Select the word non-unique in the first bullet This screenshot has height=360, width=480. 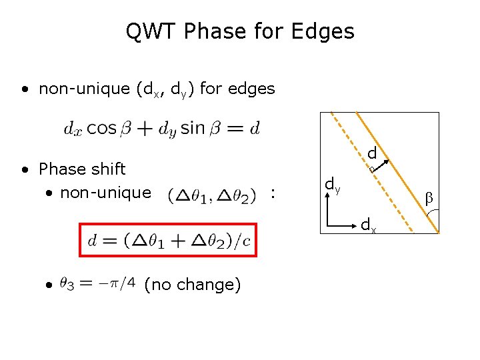(x=84, y=89)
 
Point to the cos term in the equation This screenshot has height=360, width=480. (x=101, y=128)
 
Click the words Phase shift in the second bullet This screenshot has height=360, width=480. (x=82, y=169)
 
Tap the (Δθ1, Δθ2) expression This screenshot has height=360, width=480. (x=213, y=195)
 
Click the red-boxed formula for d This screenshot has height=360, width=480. (x=168, y=241)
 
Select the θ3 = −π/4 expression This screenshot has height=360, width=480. (x=96, y=285)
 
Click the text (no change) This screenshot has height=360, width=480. (x=192, y=285)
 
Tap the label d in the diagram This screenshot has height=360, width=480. (x=372, y=154)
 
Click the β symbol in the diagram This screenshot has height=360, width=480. (x=429, y=198)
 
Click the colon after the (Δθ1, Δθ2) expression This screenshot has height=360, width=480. (x=273, y=195)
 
